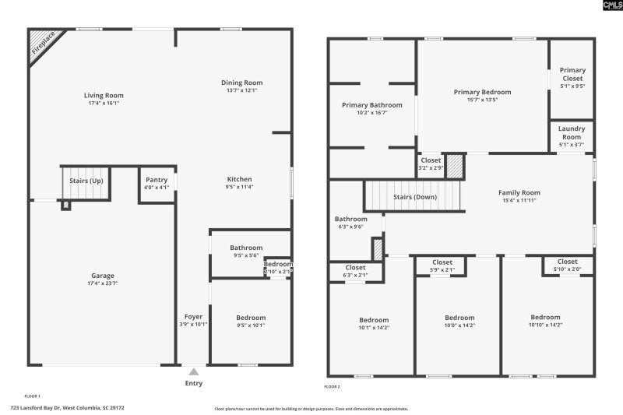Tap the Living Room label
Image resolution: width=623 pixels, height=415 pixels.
tap(104, 96)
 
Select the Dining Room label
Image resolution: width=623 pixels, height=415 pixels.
tap(242, 83)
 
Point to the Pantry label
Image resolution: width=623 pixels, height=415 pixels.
tap(157, 180)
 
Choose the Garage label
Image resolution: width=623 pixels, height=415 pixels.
tap(103, 276)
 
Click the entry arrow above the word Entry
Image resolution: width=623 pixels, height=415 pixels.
tap(193, 371)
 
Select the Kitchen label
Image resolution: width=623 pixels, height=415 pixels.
tap(240, 179)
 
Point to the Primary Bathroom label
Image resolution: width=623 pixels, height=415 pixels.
tap(371, 105)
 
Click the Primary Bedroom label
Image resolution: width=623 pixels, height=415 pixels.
tap(482, 92)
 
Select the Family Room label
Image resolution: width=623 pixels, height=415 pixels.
tap(519, 192)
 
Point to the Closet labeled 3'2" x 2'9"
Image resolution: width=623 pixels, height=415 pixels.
tap(430, 160)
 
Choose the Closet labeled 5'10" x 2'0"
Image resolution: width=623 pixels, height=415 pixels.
tap(567, 262)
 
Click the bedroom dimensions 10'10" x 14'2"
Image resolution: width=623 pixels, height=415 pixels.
tap(545, 325)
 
